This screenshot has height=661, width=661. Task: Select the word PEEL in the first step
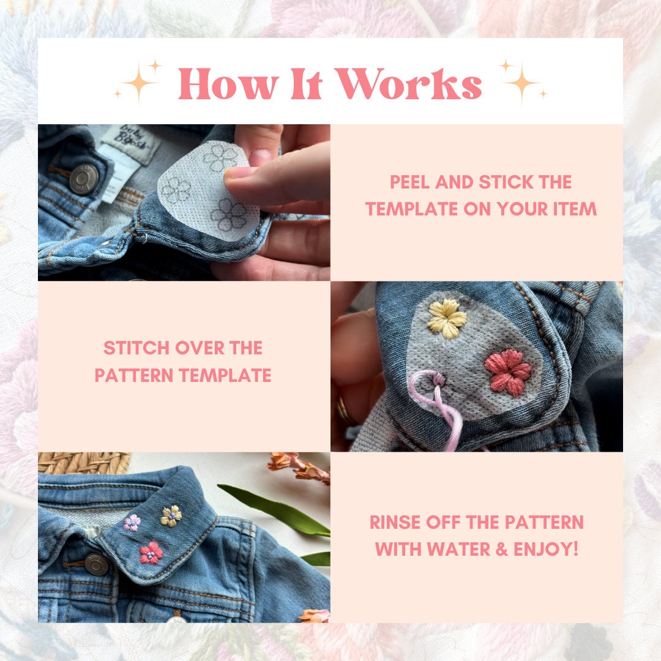[408, 182]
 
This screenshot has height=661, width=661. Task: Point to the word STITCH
[136, 348]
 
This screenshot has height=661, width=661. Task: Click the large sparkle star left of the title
[140, 83]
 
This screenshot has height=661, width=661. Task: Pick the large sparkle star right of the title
[521, 83]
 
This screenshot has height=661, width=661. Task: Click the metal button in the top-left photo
[84, 179]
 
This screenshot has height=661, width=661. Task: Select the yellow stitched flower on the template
[447, 318]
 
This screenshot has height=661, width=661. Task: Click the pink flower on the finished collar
[132, 523]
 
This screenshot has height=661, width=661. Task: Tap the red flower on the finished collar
[151, 553]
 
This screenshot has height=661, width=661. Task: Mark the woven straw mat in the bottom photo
[84, 463]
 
